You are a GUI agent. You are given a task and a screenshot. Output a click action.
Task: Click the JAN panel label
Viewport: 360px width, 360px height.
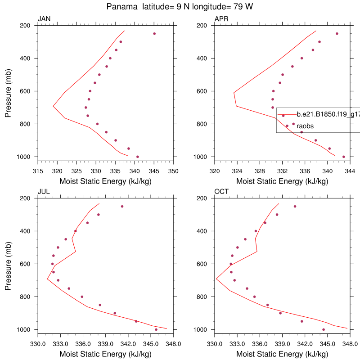(44, 18)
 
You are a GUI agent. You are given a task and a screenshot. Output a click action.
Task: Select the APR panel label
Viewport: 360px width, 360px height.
(221, 18)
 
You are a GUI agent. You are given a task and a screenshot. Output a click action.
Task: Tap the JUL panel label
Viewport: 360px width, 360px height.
(44, 191)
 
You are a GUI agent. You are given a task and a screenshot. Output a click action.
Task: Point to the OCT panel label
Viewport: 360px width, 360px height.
(221, 191)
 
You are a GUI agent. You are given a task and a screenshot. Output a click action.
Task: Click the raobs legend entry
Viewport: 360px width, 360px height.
(305, 126)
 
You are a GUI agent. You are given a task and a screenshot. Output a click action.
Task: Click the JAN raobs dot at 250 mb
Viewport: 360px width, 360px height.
(154, 34)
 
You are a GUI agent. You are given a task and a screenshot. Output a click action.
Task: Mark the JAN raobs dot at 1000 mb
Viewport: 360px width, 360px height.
(138, 157)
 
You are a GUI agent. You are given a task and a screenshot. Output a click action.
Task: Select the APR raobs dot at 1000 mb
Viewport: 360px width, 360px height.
(344, 157)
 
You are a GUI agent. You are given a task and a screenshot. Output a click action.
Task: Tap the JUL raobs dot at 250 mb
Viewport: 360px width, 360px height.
(122, 207)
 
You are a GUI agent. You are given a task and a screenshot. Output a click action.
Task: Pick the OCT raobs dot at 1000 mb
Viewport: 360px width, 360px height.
(324, 329)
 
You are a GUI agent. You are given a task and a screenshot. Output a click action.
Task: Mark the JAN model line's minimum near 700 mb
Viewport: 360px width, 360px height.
(53, 106)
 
